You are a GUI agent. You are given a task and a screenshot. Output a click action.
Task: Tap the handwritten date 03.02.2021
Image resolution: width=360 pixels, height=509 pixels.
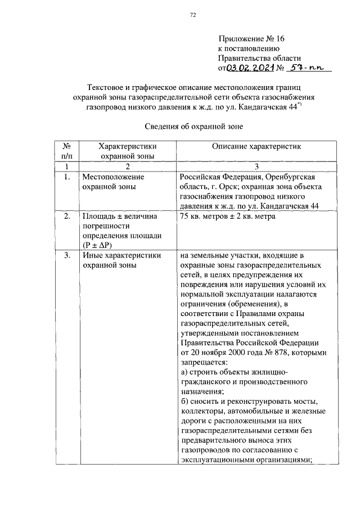[250, 68]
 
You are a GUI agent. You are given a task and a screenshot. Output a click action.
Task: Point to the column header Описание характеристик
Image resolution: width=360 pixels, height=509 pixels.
[256, 146]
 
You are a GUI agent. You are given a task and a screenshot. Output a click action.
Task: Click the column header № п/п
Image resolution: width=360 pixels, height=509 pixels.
[66, 150]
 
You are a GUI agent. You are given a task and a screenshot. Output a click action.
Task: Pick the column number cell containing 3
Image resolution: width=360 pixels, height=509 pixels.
[256, 166]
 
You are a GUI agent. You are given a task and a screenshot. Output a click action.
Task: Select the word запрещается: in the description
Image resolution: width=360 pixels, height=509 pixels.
[202, 363]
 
